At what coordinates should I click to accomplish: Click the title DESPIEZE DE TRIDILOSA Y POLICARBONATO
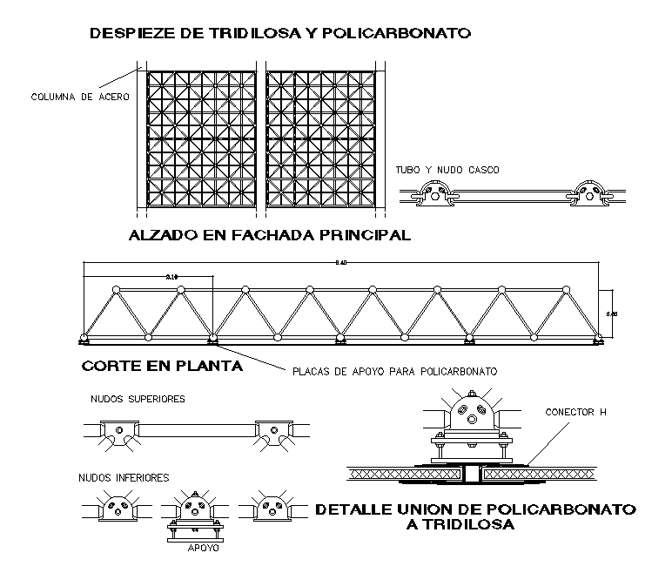click(x=280, y=34)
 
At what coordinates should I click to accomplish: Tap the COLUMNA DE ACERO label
click(x=79, y=97)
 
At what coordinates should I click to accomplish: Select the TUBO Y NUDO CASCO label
click(x=447, y=170)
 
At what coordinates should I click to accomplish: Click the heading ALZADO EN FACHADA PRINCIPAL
click(x=269, y=235)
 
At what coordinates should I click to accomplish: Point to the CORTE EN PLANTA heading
click(x=162, y=367)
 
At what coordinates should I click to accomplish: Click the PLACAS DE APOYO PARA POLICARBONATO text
click(x=394, y=371)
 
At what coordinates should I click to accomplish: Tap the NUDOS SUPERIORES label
click(x=138, y=400)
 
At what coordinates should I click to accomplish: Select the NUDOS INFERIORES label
click(x=123, y=477)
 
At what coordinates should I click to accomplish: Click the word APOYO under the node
click(x=205, y=549)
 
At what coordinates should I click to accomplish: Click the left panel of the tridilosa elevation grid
click(x=202, y=138)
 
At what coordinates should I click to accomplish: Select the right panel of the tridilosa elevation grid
click(x=322, y=138)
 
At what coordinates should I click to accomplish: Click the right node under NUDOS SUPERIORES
click(x=272, y=432)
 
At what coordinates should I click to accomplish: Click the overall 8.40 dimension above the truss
click(x=339, y=262)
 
